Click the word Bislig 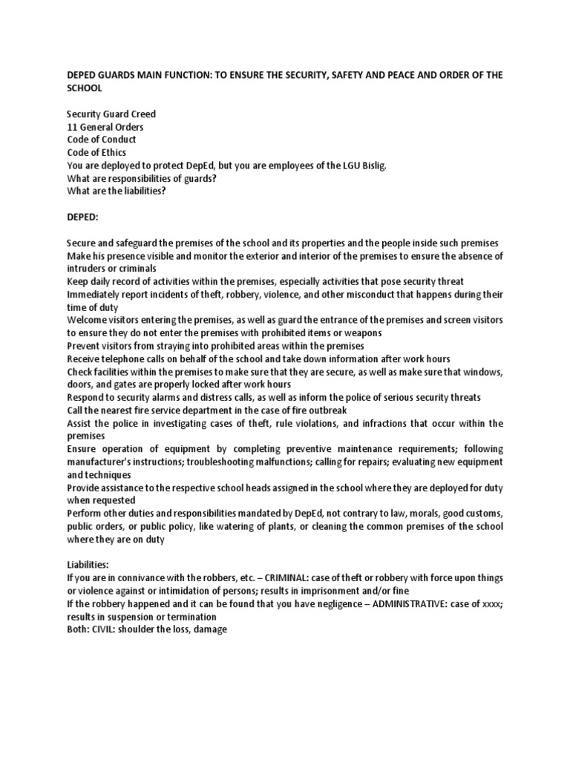[371, 165]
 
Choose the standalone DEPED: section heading [82, 216]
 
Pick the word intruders [88, 269]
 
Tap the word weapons [360, 333]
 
